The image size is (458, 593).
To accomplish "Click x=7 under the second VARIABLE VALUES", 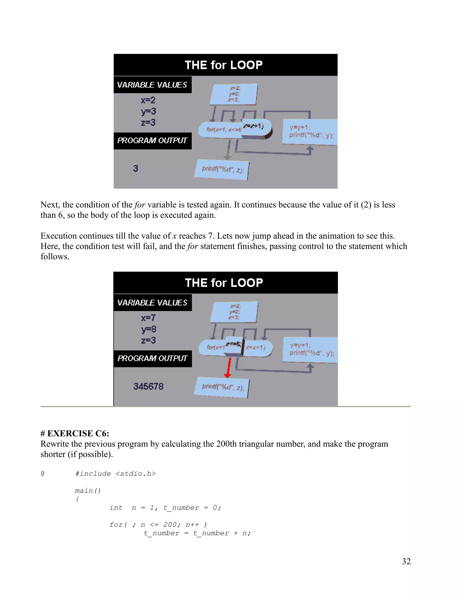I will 148,318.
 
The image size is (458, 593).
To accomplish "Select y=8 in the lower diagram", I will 148,329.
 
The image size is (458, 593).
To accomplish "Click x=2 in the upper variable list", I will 148,100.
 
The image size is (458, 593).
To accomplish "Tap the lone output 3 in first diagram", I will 135,168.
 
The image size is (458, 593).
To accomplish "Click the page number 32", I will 406,561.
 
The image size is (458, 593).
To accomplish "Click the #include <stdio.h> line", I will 115,474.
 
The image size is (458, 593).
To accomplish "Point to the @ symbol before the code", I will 42,474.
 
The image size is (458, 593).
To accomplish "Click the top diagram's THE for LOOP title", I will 224,65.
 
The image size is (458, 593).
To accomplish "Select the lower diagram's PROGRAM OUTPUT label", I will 152,358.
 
